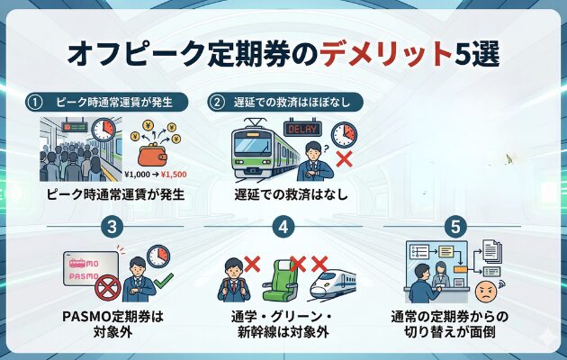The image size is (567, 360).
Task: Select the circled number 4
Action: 283,227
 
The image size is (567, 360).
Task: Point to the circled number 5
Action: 457,227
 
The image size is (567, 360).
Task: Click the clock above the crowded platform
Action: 103,130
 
